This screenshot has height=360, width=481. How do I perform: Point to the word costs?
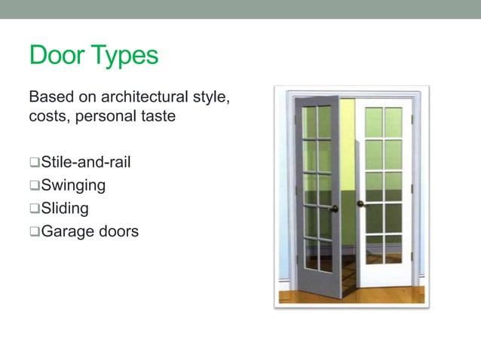click(47, 117)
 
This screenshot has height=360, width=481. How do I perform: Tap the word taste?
click(158, 117)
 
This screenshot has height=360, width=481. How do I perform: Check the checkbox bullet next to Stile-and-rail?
click(34, 162)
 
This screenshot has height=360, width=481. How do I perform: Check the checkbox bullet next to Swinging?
click(34, 185)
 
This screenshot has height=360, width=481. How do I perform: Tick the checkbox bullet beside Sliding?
click(34, 208)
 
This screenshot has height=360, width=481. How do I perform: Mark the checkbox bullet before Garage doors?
click(34, 231)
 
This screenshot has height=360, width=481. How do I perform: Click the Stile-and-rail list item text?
click(84, 162)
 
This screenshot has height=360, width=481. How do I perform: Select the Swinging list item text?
click(73, 185)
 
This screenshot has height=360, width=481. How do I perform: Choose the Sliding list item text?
click(65, 208)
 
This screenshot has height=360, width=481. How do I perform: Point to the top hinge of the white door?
click(412, 119)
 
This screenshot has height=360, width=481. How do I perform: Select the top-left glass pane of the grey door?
click(308, 121)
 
